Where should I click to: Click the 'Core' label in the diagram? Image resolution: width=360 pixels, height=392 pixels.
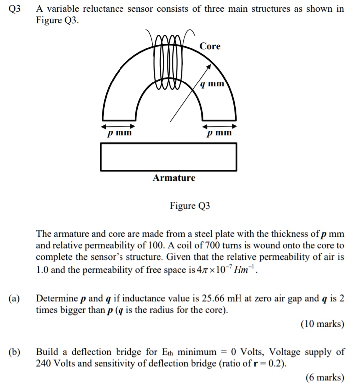pyautogui.click(x=210, y=46)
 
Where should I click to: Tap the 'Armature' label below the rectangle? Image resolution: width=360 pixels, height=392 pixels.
pyautogui.click(x=174, y=178)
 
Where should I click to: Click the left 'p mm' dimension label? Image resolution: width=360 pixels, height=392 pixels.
pyautogui.click(x=120, y=133)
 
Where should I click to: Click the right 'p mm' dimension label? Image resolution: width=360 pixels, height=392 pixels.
pyautogui.click(x=220, y=133)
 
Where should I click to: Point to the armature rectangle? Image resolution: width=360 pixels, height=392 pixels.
pyautogui.click(x=168, y=157)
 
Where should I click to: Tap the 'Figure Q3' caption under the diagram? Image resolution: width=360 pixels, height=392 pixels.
pyautogui.click(x=190, y=205)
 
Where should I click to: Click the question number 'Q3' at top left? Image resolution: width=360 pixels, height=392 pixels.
pyautogui.click(x=16, y=9)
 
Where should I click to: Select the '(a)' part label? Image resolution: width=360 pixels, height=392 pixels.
pyautogui.click(x=14, y=299)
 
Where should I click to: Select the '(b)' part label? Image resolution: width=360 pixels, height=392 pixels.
pyautogui.click(x=14, y=352)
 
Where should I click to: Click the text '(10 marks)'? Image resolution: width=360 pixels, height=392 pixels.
pyautogui.click(x=322, y=324)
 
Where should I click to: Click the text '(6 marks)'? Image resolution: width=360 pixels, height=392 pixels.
pyautogui.click(x=325, y=377)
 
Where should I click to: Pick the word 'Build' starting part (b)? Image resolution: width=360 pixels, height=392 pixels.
pyautogui.click(x=47, y=352)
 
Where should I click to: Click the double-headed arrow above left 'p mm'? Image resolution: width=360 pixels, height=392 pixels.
pyautogui.click(x=119, y=125)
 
